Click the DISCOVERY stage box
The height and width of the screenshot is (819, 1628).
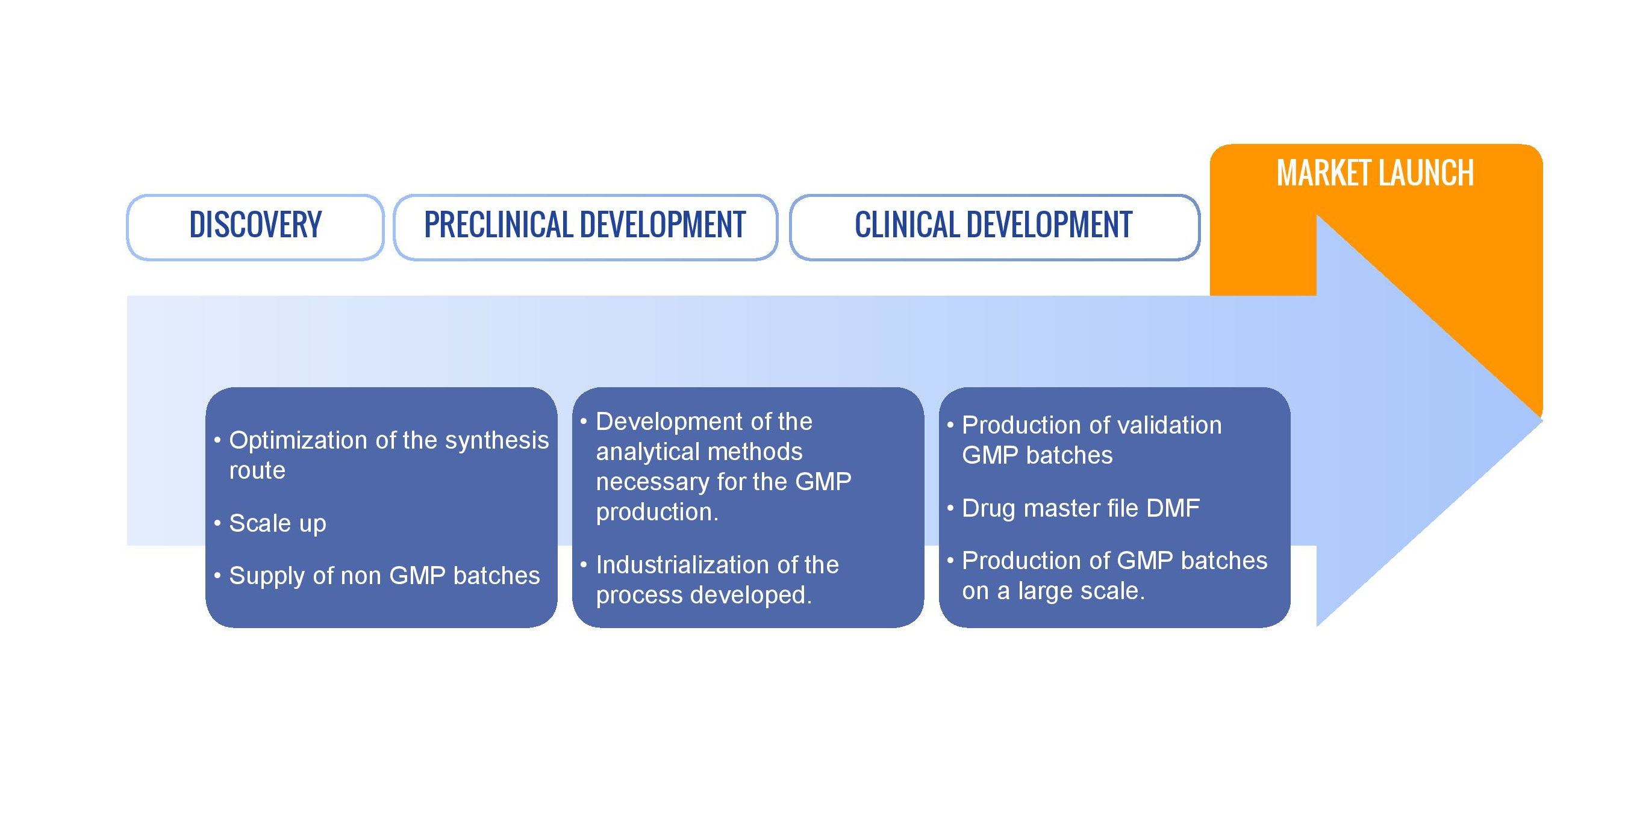[255, 227]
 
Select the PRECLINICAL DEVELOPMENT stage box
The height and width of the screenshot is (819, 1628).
[585, 227]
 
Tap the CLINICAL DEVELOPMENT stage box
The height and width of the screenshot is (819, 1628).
[994, 227]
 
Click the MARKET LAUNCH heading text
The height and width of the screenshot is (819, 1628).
[1374, 173]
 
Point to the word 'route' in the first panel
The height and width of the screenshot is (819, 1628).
[257, 471]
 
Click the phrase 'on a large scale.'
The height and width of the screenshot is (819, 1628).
[1053, 591]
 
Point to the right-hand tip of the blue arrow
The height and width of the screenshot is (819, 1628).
[1542, 420]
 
